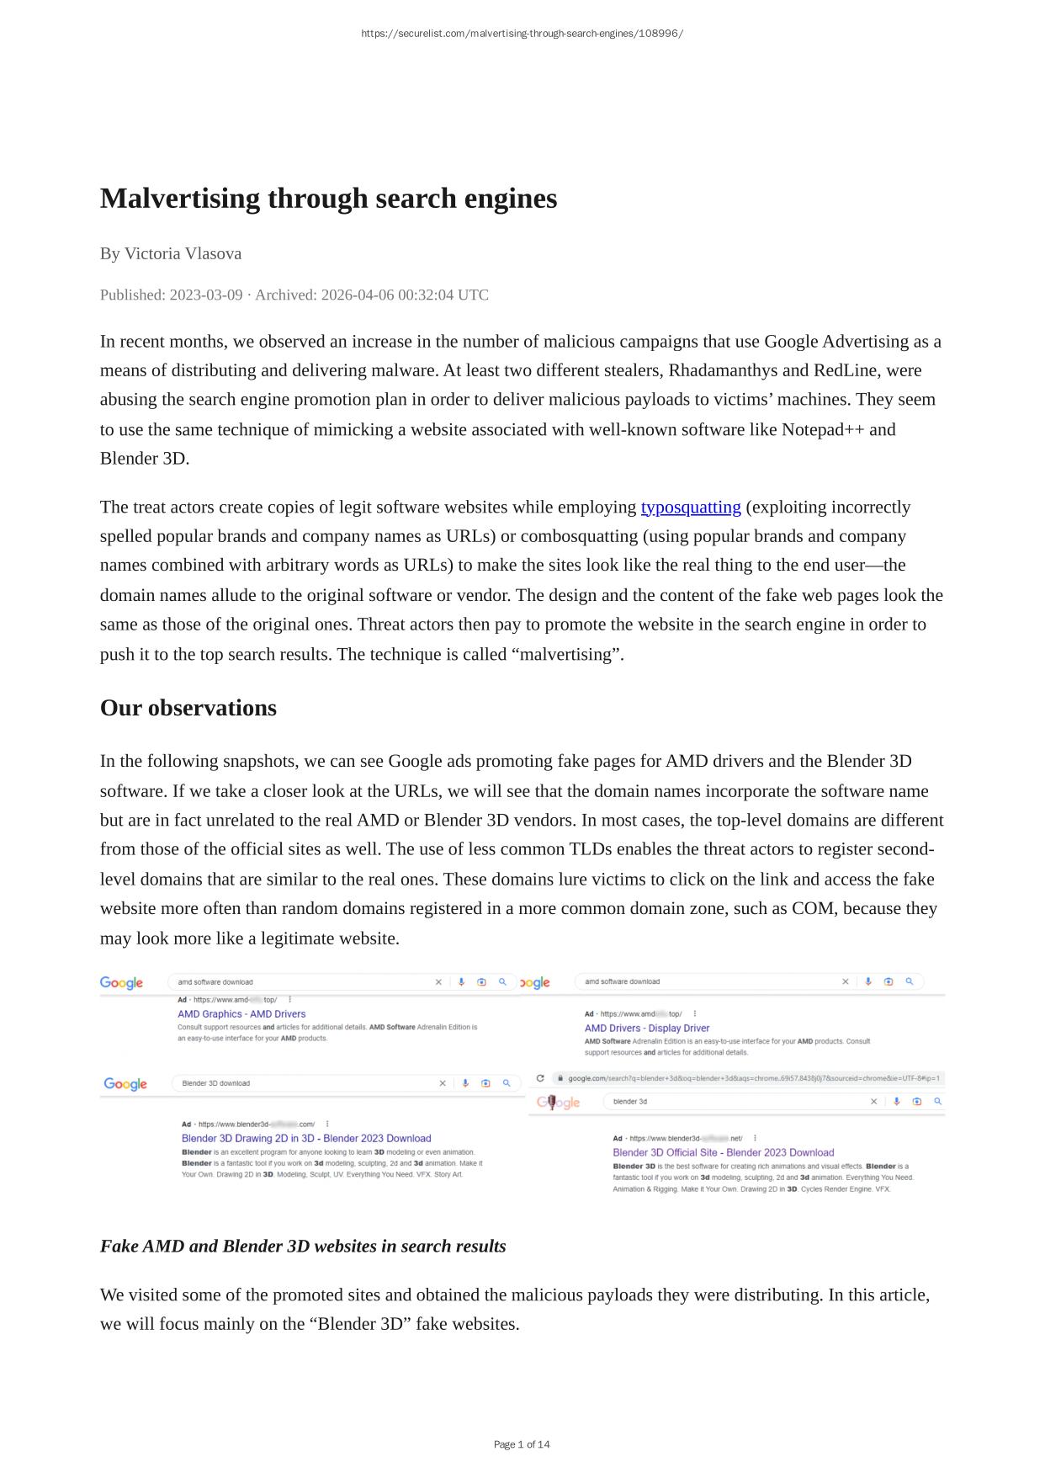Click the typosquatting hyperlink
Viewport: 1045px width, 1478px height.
690,508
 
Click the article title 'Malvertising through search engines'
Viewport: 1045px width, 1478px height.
328,199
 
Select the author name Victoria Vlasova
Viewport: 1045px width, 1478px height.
183,253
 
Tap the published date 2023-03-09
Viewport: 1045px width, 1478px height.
205,295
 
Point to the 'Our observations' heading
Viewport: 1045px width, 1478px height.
188,708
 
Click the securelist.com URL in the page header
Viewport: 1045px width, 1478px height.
522,34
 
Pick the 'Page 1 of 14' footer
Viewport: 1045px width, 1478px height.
522,1444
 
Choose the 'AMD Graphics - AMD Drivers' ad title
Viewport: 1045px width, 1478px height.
241,1014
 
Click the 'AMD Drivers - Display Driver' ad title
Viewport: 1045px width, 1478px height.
647,1029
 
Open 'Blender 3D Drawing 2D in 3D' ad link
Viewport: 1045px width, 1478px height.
306,1139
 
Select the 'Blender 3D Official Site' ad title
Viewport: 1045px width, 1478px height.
723,1153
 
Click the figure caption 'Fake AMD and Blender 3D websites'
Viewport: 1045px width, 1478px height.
303,1247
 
